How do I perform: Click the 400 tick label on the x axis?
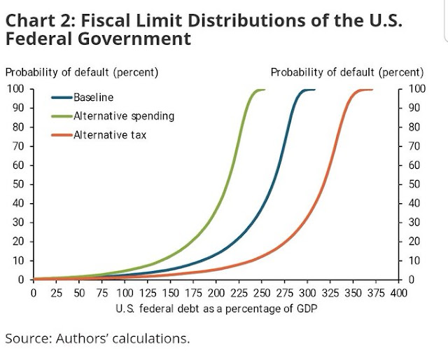coord(398,292)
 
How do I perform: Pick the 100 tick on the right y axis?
coord(415,89)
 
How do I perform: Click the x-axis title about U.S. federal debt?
coord(215,309)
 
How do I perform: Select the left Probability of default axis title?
coord(82,72)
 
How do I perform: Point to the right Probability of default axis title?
coord(346,72)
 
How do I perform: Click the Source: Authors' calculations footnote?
coord(97,339)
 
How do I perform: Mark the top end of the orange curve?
coord(372,90)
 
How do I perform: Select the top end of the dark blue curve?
coord(314,90)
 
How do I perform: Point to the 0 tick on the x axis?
coord(34,292)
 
